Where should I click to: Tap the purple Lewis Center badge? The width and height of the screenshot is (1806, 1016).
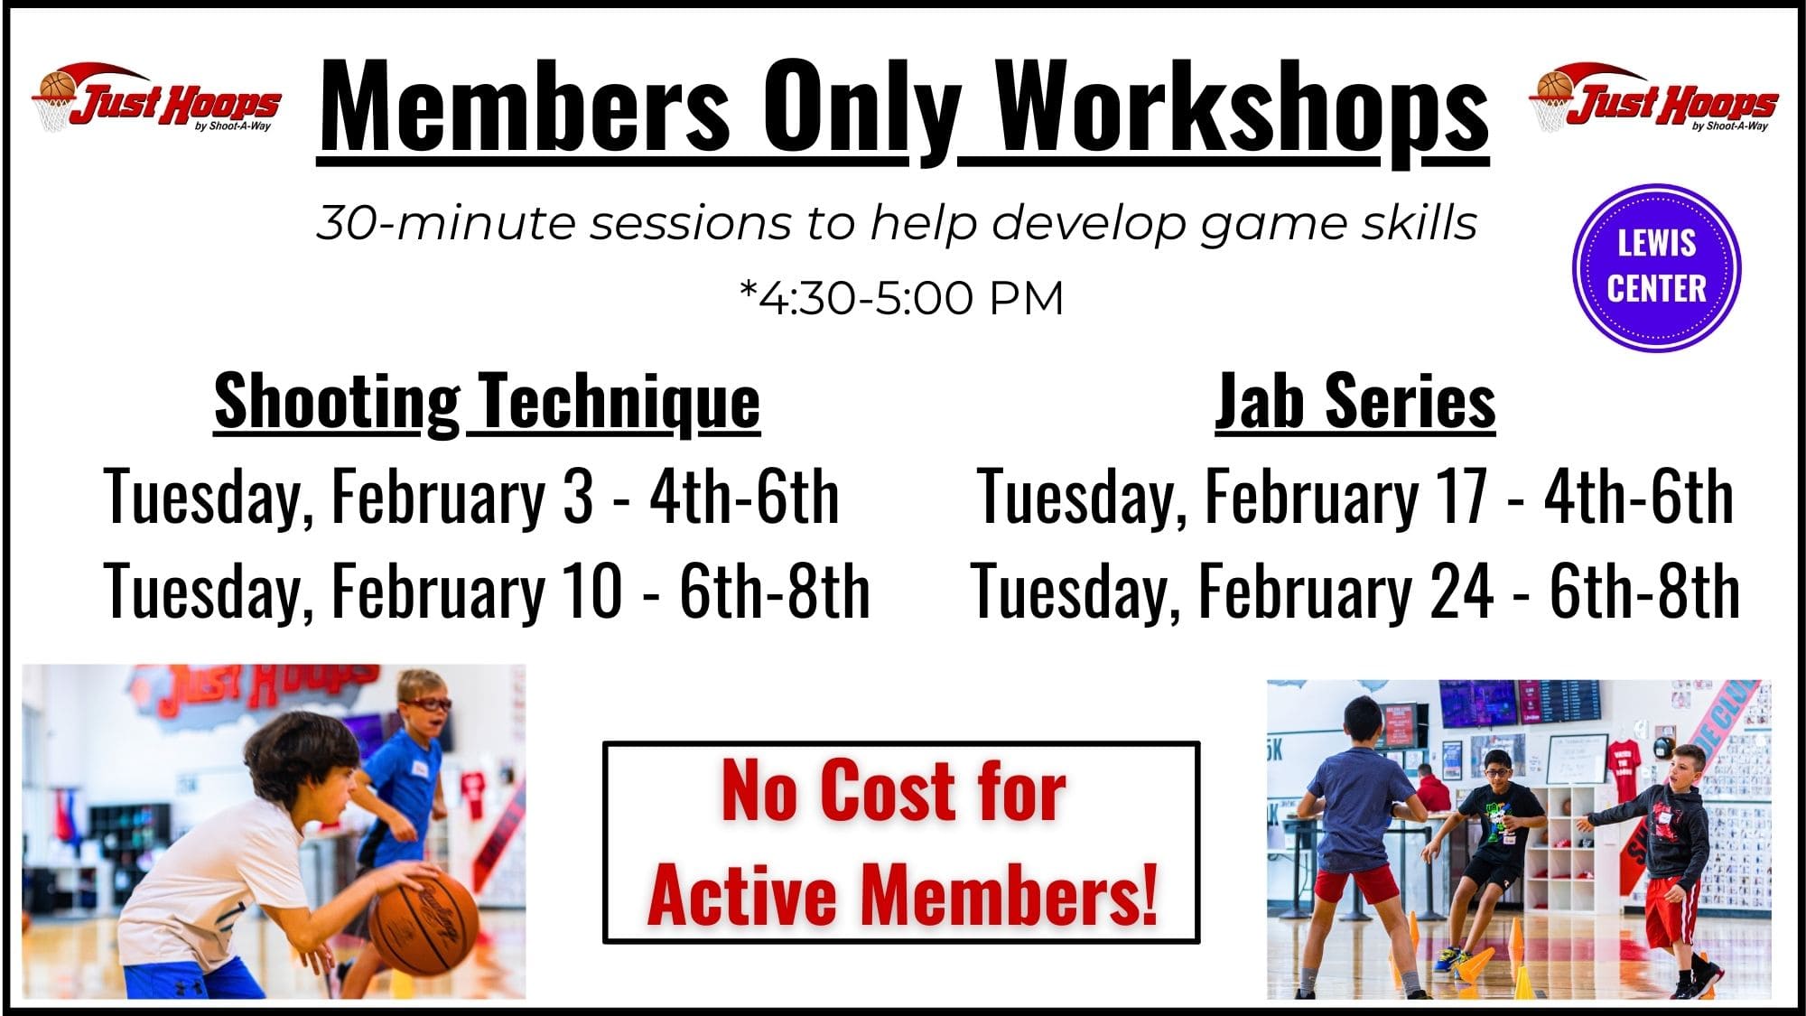pos(1656,266)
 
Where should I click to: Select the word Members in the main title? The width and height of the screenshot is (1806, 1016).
pos(524,108)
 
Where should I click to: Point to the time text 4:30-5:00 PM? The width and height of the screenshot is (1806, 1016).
pos(903,298)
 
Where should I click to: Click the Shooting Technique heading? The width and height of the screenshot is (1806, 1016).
pos(487,402)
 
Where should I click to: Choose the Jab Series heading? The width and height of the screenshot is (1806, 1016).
pos(1354,402)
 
